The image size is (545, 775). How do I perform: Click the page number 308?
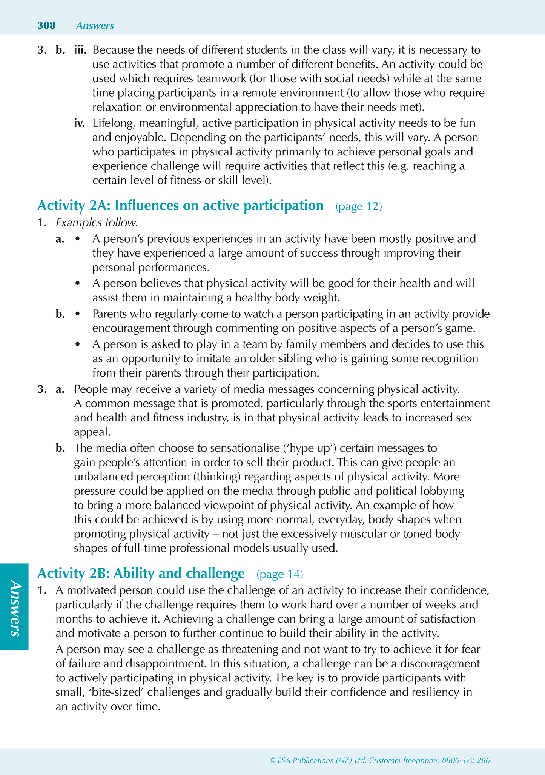coord(46,25)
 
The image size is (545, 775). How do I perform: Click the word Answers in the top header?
coord(95,26)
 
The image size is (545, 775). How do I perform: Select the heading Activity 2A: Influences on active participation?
coord(181,206)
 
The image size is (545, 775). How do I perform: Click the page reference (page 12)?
coord(359,206)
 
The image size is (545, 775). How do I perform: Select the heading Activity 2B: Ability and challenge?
coord(141,574)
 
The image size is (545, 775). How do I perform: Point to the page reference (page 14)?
coord(279,574)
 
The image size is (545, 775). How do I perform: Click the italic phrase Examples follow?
coord(97,223)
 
